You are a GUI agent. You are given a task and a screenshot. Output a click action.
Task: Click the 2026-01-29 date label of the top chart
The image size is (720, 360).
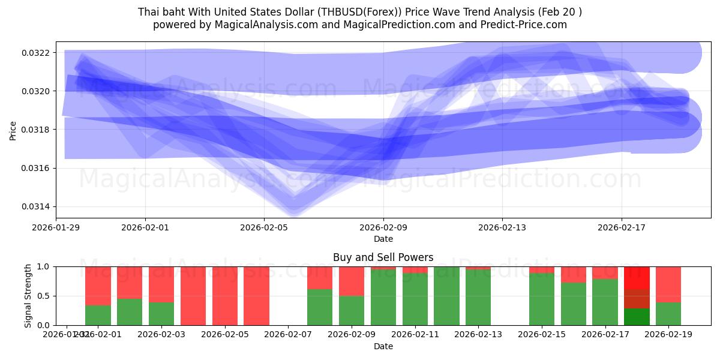click(56, 227)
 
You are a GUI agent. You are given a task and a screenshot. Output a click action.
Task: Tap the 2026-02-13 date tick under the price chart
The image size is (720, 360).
click(502, 227)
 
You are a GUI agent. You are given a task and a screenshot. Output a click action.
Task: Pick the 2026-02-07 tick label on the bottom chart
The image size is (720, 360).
click(288, 334)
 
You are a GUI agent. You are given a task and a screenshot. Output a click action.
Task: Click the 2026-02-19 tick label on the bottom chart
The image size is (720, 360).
click(668, 334)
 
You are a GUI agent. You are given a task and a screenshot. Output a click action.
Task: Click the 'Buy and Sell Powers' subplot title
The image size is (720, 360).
click(383, 257)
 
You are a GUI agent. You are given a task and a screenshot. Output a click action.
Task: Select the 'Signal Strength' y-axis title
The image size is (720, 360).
click(28, 296)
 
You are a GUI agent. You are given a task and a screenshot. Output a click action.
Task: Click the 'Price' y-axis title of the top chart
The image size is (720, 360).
click(13, 130)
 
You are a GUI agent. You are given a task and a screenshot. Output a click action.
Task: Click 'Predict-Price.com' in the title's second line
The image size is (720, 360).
click(521, 25)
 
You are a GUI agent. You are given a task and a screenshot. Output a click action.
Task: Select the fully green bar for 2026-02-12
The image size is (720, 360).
click(446, 296)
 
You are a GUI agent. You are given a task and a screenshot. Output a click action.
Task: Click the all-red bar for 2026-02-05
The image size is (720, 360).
click(224, 296)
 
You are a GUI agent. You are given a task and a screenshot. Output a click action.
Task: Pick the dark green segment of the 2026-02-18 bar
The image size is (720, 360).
click(637, 317)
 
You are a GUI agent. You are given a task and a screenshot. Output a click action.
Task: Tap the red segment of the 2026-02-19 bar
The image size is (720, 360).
click(668, 284)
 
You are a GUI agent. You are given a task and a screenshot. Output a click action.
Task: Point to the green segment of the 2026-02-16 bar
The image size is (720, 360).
click(574, 304)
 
